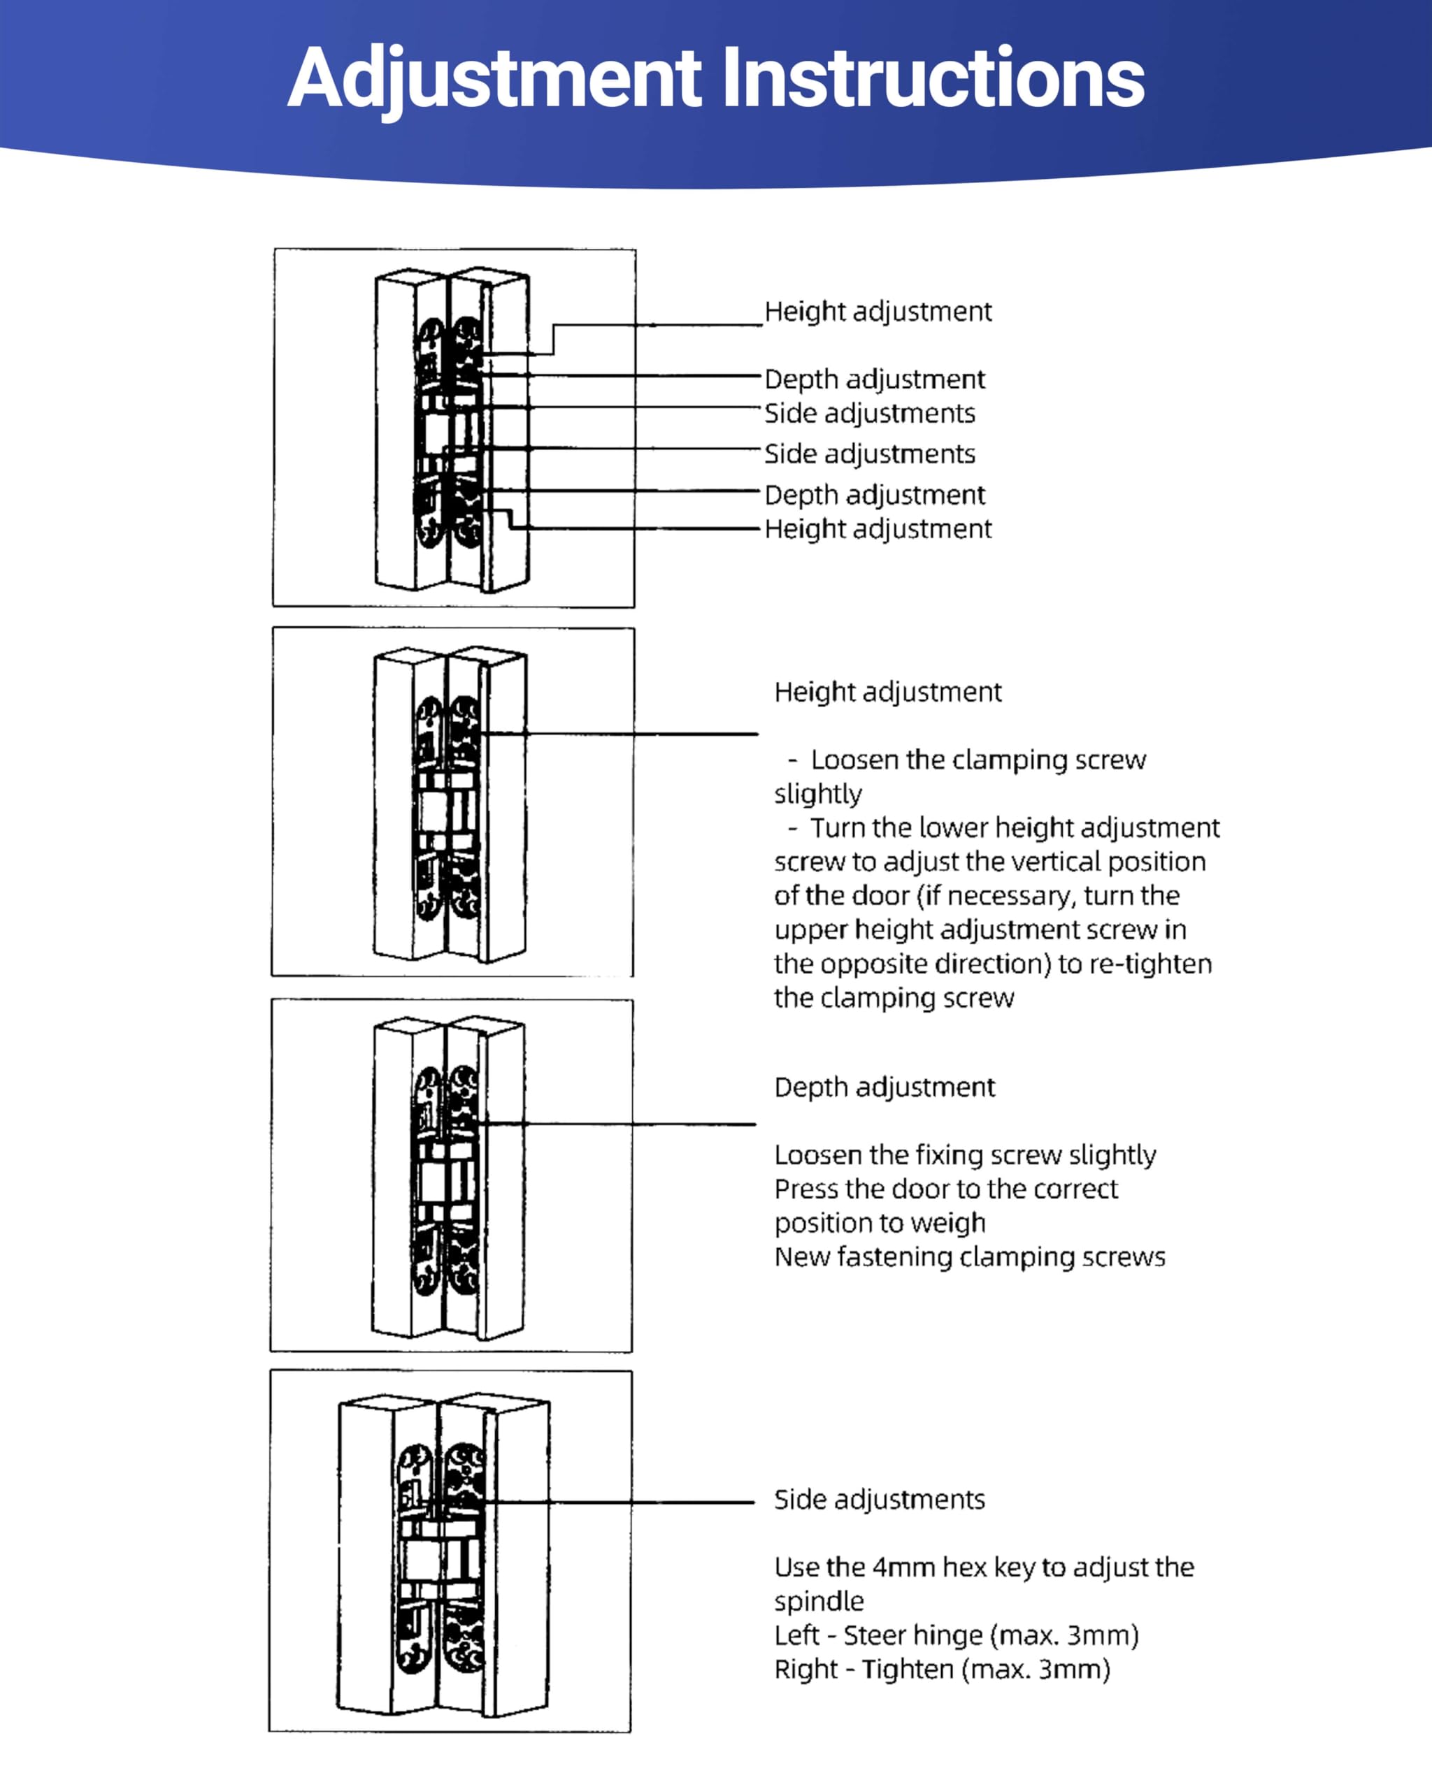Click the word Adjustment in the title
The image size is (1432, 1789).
click(495, 79)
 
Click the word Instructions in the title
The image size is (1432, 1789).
click(932, 79)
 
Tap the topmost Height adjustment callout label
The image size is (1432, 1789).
click(878, 311)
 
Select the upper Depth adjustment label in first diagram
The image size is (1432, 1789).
click(874, 379)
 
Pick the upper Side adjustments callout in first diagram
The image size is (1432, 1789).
click(869, 413)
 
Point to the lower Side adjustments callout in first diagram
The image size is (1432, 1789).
click(869, 454)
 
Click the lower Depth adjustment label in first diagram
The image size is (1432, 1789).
click(874, 495)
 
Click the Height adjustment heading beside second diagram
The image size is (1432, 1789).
click(887, 691)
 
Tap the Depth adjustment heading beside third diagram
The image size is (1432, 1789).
click(884, 1087)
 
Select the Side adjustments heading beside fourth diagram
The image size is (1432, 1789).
click(879, 1500)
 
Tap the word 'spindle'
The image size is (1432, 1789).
click(819, 1602)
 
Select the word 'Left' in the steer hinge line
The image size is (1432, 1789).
click(797, 1635)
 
